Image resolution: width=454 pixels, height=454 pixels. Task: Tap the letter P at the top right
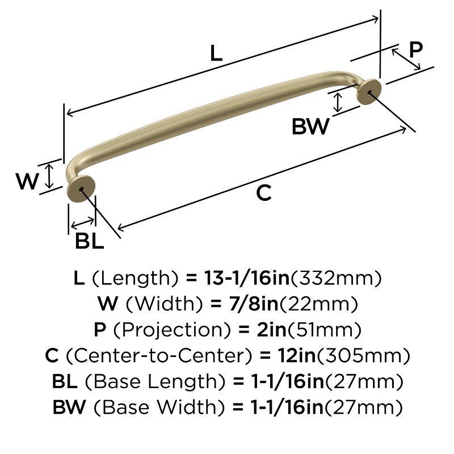(x=416, y=49)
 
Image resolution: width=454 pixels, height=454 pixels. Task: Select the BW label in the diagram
(x=310, y=127)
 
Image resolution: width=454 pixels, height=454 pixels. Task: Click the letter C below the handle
(x=263, y=193)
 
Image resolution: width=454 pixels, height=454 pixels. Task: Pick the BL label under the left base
(x=90, y=242)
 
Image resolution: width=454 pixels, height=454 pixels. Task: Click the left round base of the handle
(x=81, y=188)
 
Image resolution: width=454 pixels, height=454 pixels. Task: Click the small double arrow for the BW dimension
(x=339, y=103)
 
